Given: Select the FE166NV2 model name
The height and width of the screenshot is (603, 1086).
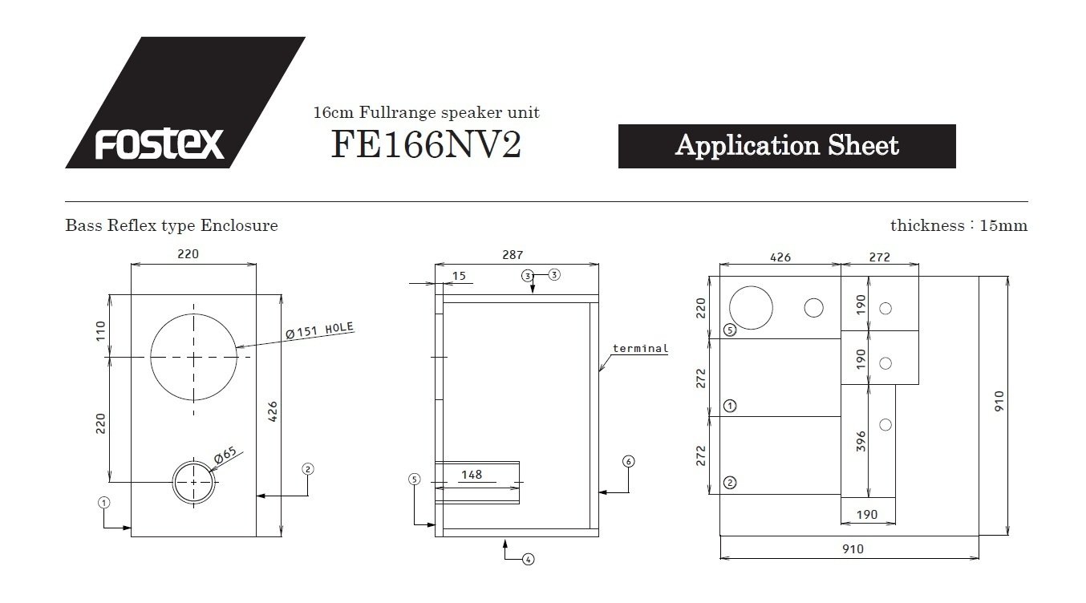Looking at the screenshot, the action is point(426,144).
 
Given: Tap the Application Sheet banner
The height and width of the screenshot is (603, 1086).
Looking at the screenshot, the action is point(787,146).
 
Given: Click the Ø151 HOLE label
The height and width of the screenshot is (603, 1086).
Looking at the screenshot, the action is point(319,330).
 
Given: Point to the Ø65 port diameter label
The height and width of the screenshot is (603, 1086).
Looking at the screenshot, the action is point(225,454).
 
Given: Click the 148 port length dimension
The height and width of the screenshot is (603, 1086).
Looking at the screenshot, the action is point(472,475).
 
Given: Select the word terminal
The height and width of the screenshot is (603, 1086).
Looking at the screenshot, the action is point(640,348).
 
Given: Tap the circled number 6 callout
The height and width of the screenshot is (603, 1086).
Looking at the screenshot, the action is point(628,461).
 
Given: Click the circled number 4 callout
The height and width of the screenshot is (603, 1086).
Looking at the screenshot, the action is point(528,560).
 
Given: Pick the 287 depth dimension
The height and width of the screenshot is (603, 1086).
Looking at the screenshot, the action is point(513,254).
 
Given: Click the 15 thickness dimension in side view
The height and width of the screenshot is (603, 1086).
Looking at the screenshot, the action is point(459,276).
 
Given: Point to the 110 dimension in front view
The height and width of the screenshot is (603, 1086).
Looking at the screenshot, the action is point(100,331).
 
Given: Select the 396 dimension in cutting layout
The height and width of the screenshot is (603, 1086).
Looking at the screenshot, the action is point(861,441).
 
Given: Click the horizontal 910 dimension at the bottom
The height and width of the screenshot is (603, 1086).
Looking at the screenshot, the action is point(853,548).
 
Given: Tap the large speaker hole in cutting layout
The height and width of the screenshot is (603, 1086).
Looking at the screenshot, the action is point(751,308).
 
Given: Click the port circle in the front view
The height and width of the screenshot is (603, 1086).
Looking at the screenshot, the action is point(194,461).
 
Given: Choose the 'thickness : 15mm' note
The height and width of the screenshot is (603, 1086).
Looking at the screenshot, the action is point(958,225).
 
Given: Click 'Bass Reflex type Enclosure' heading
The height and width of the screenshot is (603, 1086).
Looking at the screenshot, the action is point(172,225).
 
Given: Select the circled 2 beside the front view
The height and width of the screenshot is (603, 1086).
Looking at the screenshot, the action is point(308,469).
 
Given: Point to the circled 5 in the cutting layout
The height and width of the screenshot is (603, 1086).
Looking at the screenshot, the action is point(730,330).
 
